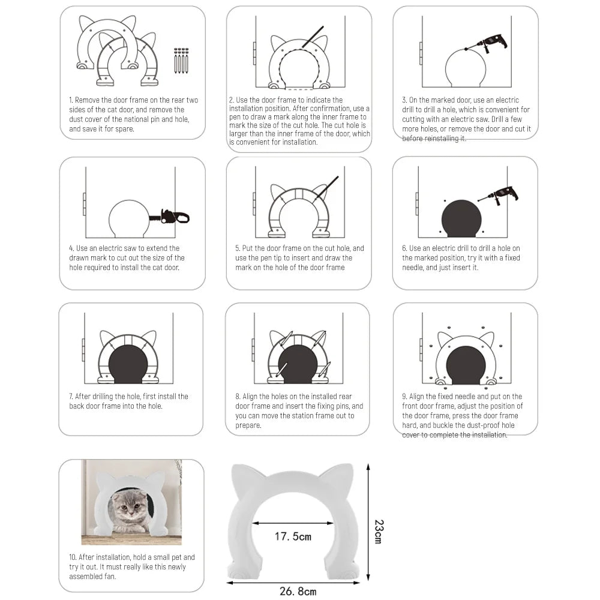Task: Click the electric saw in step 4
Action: coord(174,216)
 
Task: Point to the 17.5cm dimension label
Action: coord(293,536)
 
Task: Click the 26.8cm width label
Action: coord(298,591)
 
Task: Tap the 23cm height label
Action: coord(377,531)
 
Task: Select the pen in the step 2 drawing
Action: coord(313,37)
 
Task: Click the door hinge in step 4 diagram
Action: coord(85,204)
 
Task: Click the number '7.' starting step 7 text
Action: coord(71,397)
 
